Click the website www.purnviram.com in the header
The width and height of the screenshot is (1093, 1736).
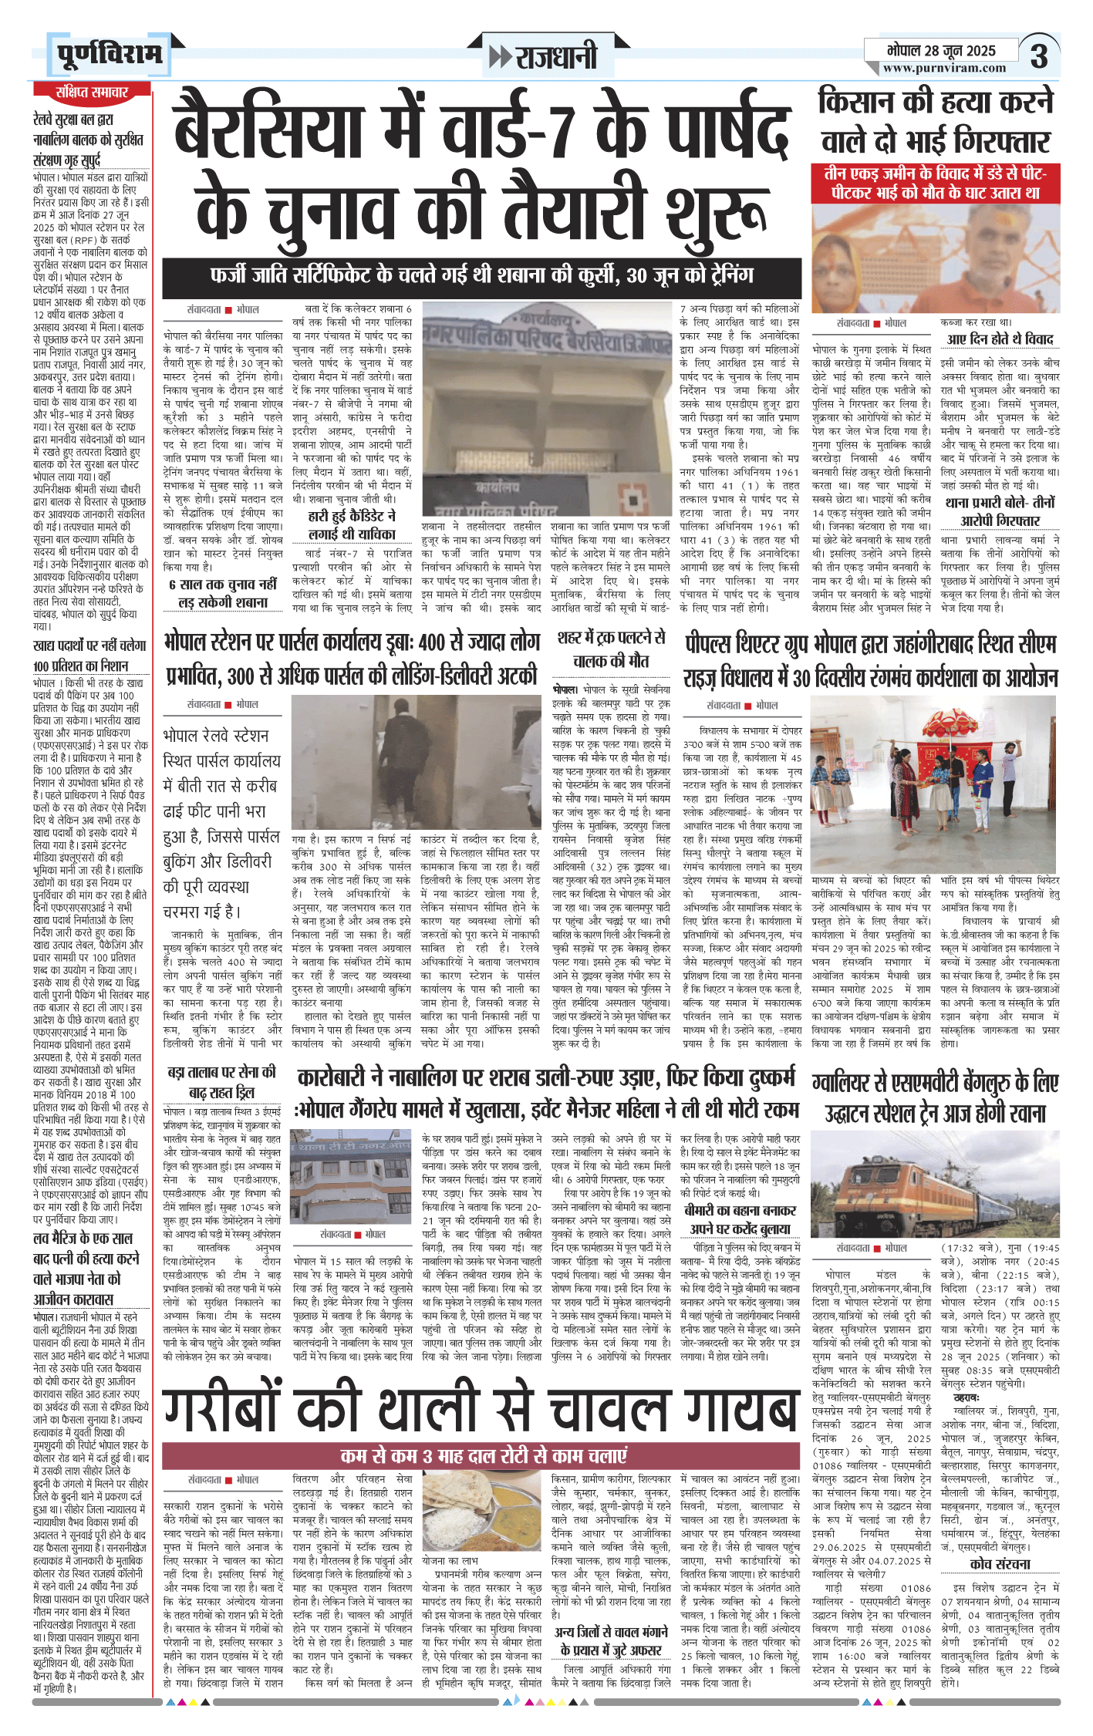click(x=944, y=68)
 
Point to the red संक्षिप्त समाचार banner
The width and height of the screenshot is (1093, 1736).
click(x=91, y=93)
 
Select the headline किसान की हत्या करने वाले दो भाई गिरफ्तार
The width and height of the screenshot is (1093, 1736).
click(x=935, y=123)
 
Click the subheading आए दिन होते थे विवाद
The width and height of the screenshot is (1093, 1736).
click(x=1000, y=339)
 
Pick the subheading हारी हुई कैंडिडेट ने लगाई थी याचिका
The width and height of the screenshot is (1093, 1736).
click(x=352, y=525)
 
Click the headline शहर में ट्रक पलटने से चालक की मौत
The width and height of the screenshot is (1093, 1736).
click(x=611, y=649)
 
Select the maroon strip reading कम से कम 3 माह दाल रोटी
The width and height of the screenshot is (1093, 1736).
click(x=481, y=1455)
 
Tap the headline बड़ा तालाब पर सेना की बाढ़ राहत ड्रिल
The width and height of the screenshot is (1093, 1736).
click(x=221, y=1081)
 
